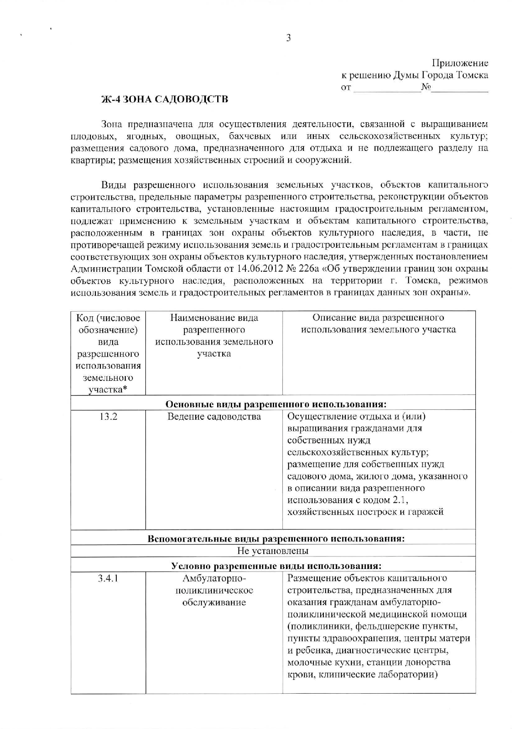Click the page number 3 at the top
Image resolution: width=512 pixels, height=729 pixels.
288,38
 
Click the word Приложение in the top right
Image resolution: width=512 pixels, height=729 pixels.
460,63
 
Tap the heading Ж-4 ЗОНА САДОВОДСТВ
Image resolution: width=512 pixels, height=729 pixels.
164,100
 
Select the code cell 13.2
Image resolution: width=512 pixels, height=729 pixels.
108,416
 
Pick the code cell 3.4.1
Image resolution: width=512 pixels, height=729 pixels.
108,578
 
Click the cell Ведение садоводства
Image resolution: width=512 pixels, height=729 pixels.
214,416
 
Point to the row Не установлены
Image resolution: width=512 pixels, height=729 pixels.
273,551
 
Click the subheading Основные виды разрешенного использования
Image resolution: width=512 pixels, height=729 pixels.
276,404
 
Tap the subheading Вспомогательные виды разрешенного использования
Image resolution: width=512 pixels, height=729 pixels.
276,539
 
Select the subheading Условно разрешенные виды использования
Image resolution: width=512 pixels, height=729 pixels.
276,566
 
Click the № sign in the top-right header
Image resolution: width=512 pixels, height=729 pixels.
426,87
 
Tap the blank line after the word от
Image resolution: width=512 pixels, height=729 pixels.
386,88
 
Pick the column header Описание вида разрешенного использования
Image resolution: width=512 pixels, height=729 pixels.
378,324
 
